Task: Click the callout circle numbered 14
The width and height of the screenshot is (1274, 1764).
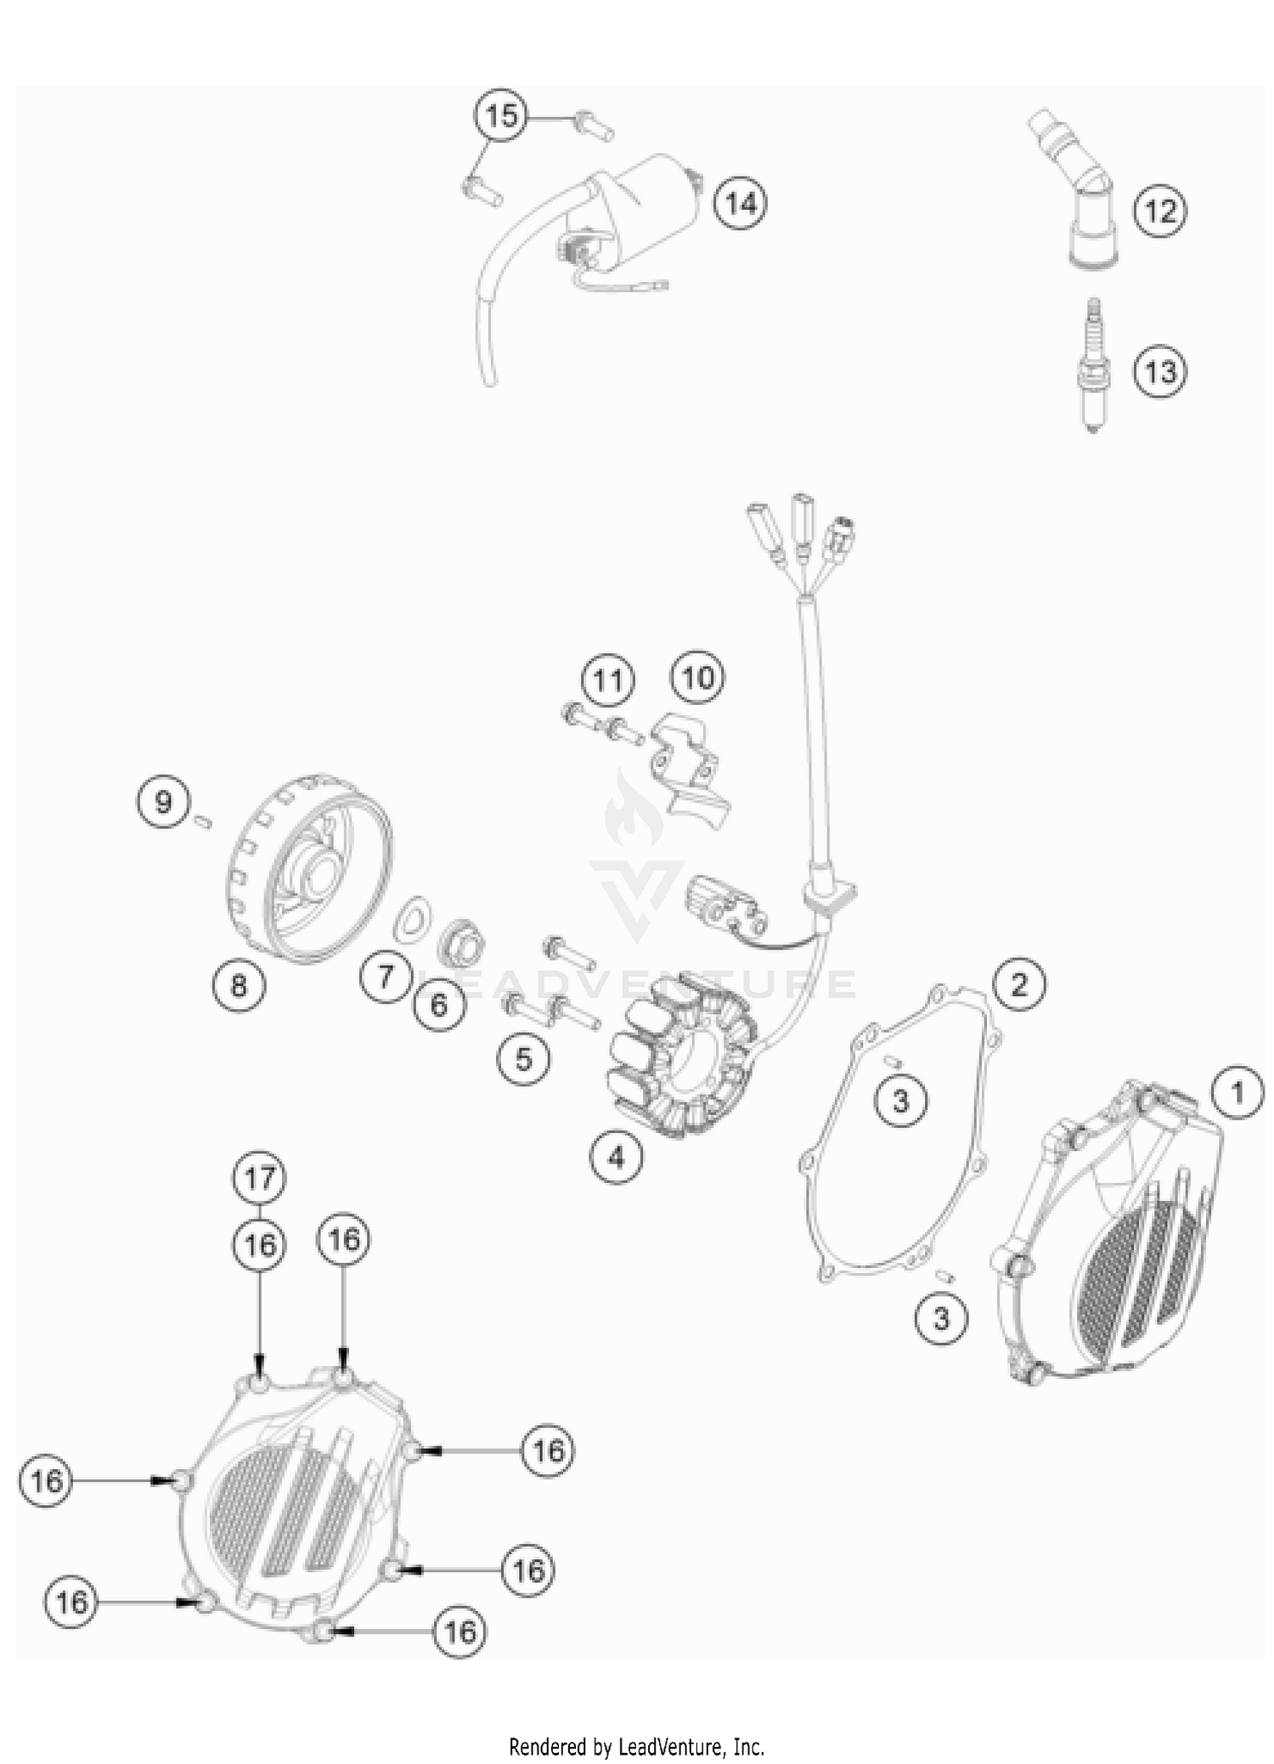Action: pyautogui.click(x=740, y=204)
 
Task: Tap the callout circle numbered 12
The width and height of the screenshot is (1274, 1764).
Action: pyautogui.click(x=1160, y=210)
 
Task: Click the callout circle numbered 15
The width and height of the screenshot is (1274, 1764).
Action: pyautogui.click(x=501, y=115)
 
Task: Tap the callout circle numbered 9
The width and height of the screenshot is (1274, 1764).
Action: pyautogui.click(x=163, y=802)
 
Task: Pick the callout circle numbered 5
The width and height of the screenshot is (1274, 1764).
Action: pyautogui.click(x=523, y=1059)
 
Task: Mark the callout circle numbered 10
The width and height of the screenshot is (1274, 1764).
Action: pyautogui.click(x=698, y=678)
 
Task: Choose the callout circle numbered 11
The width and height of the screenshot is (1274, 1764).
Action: pyautogui.click(x=607, y=681)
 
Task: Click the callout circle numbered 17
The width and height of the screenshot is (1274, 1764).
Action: pyautogui.click(x=260, y=1178)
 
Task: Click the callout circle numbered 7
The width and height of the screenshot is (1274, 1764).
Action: pyautogui.click(x=386, y=977)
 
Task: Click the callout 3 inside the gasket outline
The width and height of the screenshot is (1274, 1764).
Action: pyautogui.click(x=900, y=1101)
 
